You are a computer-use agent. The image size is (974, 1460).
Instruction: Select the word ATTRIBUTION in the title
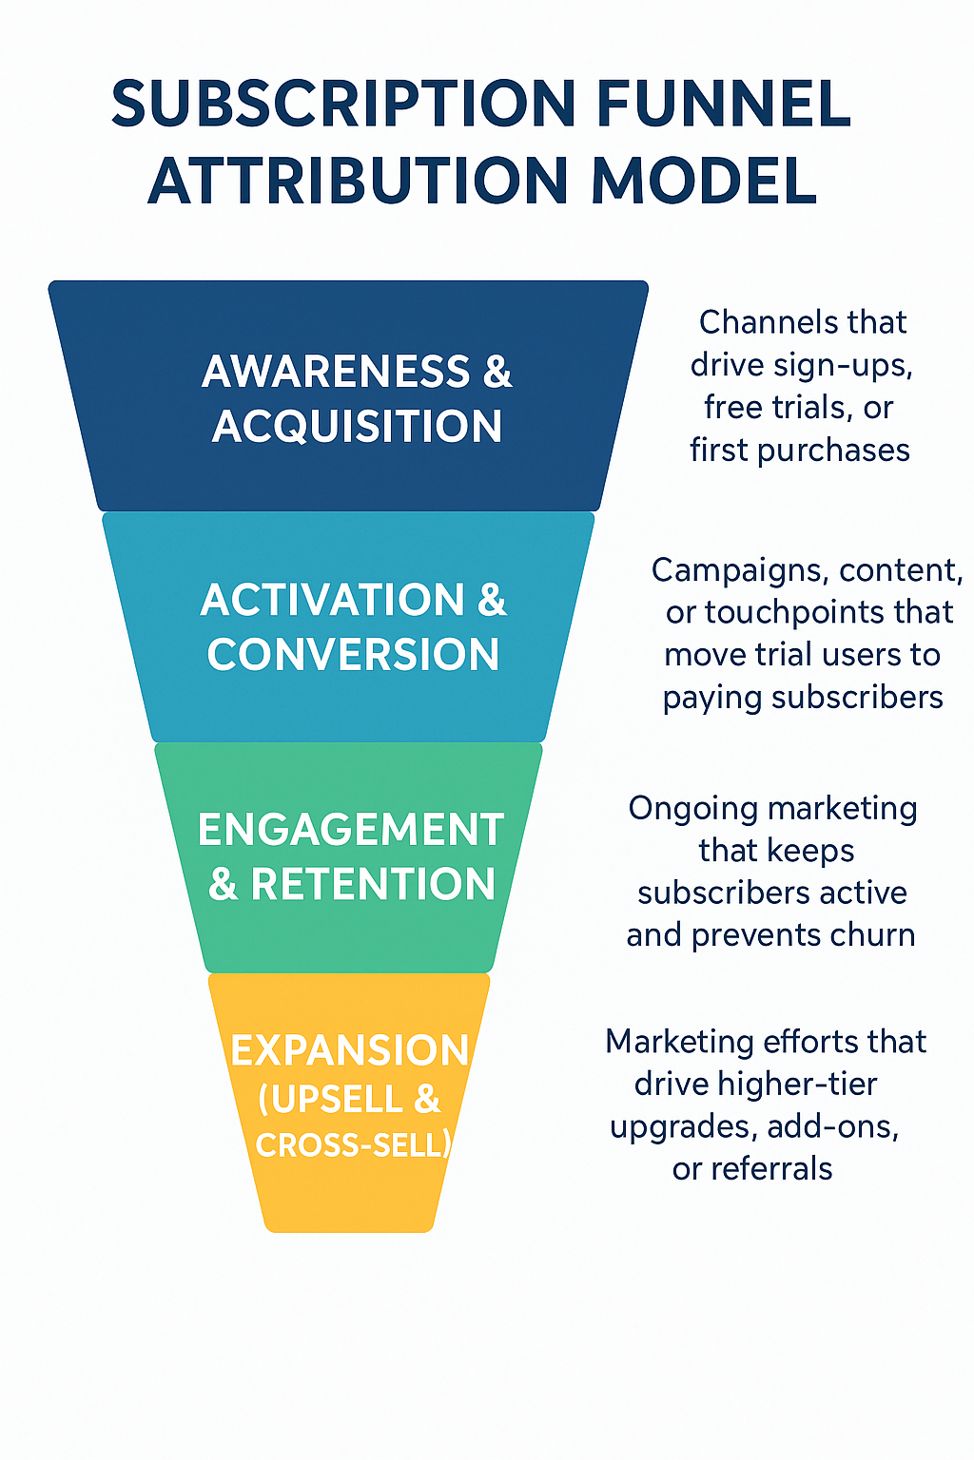363,181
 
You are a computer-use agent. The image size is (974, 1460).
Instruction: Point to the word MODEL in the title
704,181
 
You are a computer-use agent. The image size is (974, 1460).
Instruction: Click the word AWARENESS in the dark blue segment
336,371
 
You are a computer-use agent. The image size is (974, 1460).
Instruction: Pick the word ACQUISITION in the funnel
357,426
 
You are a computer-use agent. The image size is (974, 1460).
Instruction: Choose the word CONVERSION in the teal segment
353,655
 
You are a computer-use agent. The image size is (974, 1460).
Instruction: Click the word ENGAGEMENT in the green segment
350,830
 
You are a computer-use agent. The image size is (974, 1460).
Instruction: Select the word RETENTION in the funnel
373,885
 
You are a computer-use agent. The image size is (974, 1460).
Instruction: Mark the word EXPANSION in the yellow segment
349,1050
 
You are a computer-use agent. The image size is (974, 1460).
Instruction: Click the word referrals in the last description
771,1168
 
